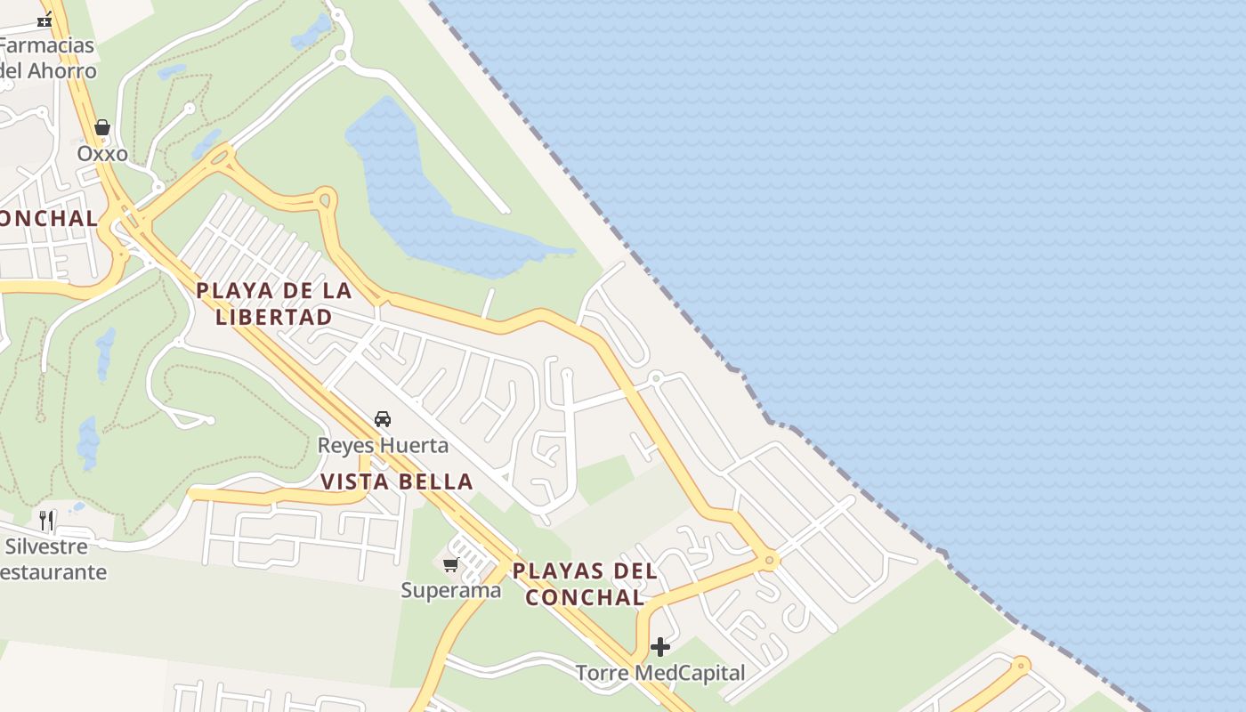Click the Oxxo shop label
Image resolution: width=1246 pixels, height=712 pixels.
point(102,154)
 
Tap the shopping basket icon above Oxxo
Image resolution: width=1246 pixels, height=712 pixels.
point(102,128)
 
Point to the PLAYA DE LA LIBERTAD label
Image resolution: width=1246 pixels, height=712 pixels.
point(274,303)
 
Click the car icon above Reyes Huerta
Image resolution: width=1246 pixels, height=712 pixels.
point(383,418)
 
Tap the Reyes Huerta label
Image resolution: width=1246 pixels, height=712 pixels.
point(384,445)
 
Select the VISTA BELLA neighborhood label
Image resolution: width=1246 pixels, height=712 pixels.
point(397,482)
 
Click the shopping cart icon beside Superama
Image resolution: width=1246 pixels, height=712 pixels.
point(451,564)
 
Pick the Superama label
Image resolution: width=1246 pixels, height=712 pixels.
point(451,590)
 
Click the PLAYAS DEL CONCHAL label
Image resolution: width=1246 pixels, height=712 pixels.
point(585,584)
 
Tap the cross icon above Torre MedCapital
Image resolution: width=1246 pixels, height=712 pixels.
point(659,647)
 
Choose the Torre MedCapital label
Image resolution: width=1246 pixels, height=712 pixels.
point(659,673)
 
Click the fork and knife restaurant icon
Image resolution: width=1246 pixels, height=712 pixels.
point(46,520)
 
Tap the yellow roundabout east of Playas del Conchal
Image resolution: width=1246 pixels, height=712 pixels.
point(769,561)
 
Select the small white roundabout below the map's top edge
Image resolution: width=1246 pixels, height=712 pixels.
point(339,55)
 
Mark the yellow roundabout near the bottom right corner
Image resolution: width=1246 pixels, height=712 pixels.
point(1021,664)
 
